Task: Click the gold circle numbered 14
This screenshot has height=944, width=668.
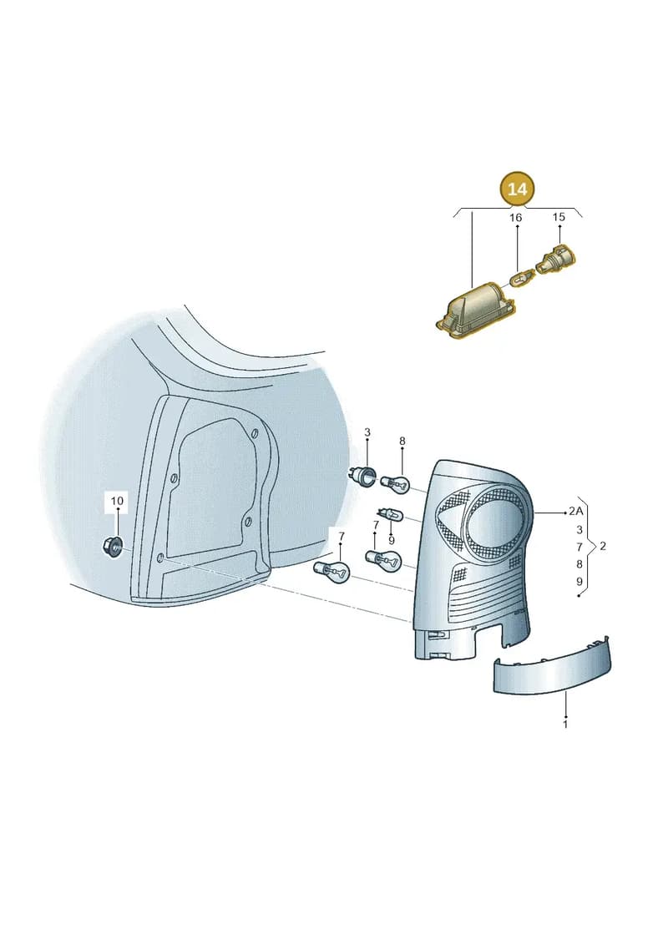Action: coord(518,189)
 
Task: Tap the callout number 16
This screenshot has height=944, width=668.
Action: coord(515,217)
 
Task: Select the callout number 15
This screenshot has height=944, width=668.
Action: coord(559,217)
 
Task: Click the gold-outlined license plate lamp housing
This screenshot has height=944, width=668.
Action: coord(475,307)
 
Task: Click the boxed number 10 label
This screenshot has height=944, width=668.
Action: coord(117,500)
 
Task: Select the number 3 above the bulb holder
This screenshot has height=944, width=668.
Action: coord(367,432)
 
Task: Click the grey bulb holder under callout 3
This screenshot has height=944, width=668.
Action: coord(364,473)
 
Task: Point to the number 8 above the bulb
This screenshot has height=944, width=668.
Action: coord(402,442)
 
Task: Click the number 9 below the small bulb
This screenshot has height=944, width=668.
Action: coord(392,540)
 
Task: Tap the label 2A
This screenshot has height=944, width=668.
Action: coord(576,512)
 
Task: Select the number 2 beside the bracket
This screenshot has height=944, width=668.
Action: coord(603,547)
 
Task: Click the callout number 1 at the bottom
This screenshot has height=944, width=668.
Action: coord(565,724)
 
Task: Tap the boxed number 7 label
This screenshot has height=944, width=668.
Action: coord(341,537)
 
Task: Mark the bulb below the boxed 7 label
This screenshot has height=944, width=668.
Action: coord(331,570)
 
